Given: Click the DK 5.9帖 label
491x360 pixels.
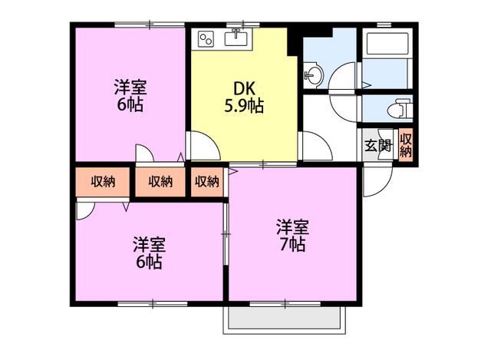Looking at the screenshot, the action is pos(244,97).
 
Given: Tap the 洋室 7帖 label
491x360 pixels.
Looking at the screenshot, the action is pos(292,236).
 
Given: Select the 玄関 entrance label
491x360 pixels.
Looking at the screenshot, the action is pos(378,145).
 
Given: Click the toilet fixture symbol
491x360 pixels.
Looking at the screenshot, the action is pos(400,108).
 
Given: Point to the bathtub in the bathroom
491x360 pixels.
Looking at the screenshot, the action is pos(387,43).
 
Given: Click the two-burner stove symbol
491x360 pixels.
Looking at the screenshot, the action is pos(206,40).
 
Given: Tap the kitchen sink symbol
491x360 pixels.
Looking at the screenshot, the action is pos(236,38).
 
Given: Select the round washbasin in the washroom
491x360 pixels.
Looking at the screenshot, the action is pos(313,74).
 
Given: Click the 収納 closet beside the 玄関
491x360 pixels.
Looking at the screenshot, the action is pos(406,145).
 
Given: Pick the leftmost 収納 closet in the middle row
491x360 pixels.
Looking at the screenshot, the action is pos(103,182).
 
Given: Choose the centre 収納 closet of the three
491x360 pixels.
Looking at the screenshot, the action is pos(160,182).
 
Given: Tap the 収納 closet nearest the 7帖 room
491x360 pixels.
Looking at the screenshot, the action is pos(207,182).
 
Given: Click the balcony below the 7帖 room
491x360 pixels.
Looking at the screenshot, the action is pos(285,318).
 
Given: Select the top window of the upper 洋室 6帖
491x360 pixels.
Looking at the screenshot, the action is pos(150,24).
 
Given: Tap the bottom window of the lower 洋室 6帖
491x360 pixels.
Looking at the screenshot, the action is pos(153,303).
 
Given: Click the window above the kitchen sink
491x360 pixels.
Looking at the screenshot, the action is pos(243,24).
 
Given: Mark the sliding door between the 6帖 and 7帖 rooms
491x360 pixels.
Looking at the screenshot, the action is pos(226,234).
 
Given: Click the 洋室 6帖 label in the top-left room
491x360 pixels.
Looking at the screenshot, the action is pos(130,95).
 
